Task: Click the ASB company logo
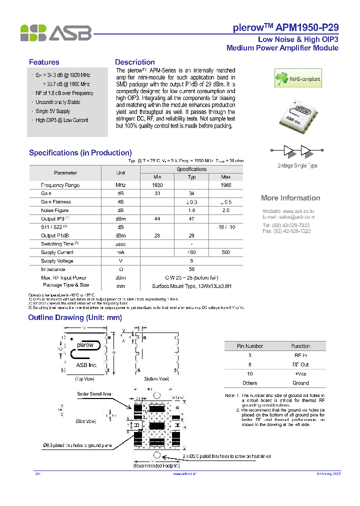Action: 55,33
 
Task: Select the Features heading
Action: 44,62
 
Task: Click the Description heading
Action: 135,62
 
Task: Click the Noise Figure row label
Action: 54,210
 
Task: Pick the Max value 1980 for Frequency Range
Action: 225,185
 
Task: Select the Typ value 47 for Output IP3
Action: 191,219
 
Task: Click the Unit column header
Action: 120,173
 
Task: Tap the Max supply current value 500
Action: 225,252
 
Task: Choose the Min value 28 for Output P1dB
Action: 157,235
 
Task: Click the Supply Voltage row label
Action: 57,261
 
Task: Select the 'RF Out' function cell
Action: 300,364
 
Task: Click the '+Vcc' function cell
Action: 300,374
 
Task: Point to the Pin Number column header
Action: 250,346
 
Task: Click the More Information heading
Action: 290,198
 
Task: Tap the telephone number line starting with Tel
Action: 286,225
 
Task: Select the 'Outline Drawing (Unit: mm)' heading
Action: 75,317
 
